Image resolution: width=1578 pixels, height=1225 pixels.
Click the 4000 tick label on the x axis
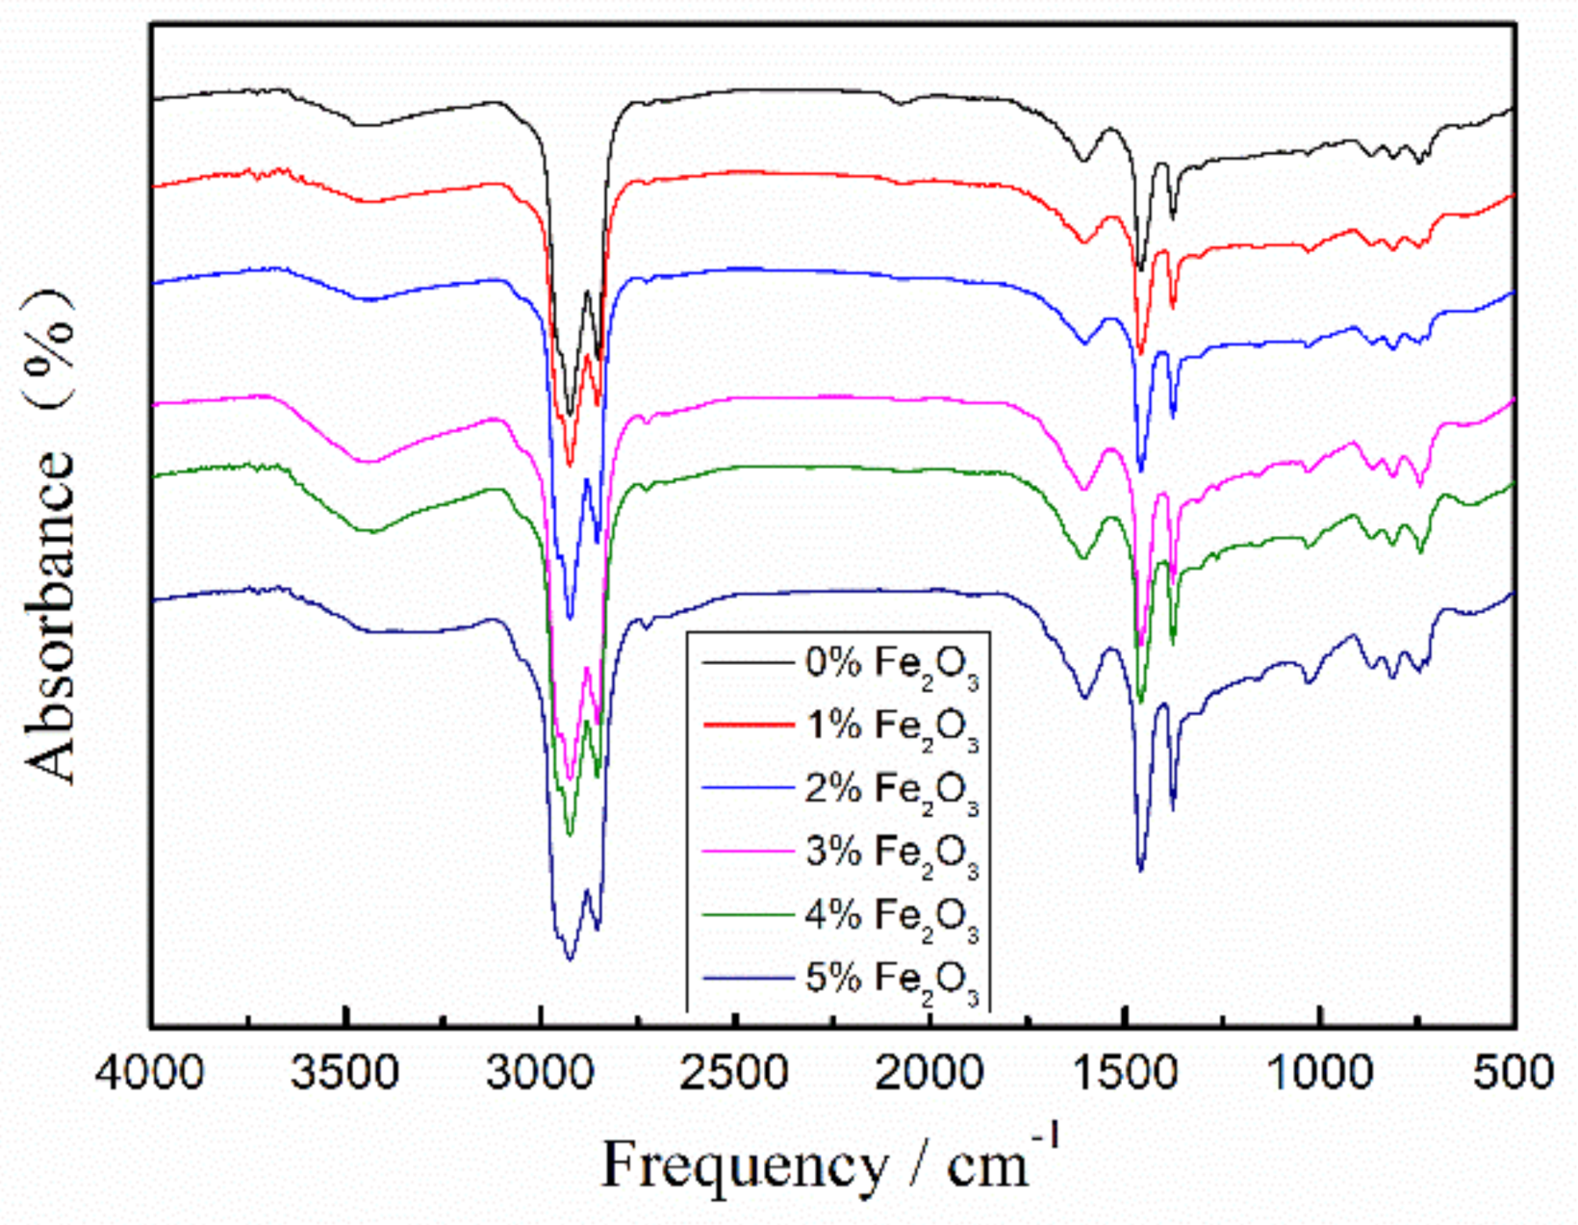[x=150, y=1072]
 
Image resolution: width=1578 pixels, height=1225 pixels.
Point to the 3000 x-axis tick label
[x=540, y=1072]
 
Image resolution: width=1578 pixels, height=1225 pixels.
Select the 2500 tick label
[x=735, y=1072]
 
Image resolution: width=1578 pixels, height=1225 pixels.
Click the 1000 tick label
[x=1319, y=1072]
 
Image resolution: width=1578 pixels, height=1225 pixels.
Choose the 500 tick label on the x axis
[x=1514, y=1072]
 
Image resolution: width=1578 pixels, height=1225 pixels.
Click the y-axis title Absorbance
[x=50, y=616]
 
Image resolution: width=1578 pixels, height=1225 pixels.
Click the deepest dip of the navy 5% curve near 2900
[x=570, y=958]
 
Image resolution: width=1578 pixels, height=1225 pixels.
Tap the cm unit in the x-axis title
[x=987, y=1167]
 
